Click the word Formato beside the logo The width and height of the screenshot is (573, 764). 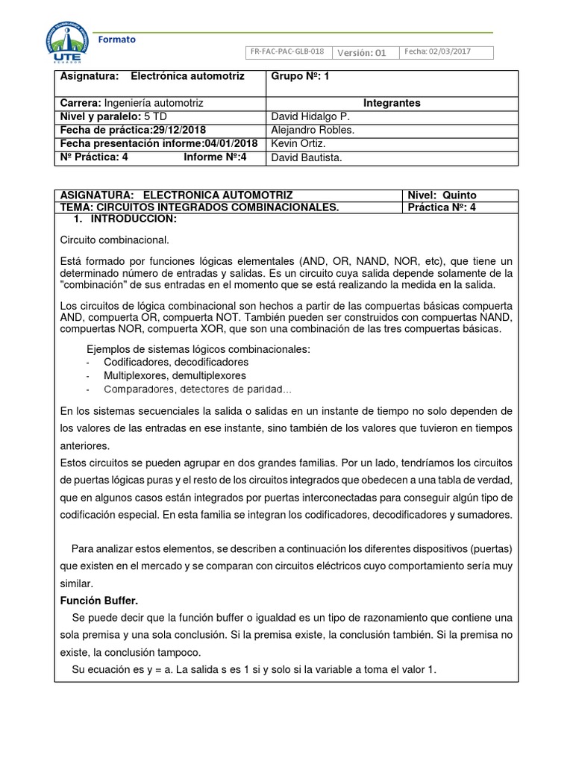pyautogui.click(x=117, y=40)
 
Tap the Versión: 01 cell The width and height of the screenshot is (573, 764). pyautogui.click(x=362, y=52)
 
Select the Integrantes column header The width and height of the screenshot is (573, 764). pyautogui.click(x=392, y=103)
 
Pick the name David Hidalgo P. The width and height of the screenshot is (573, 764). pyautogui.click(x=310, y=116)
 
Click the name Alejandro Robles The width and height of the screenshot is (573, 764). pyautogui.click(x=313, y=130)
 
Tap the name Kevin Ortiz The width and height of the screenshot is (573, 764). pyautogui.click(x=299, y=143)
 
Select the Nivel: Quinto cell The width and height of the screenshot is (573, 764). pyautogui.click(x=442, y=195)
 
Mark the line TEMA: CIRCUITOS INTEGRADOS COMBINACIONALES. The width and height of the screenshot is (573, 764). pyautogui.click(x=199, y=207)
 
